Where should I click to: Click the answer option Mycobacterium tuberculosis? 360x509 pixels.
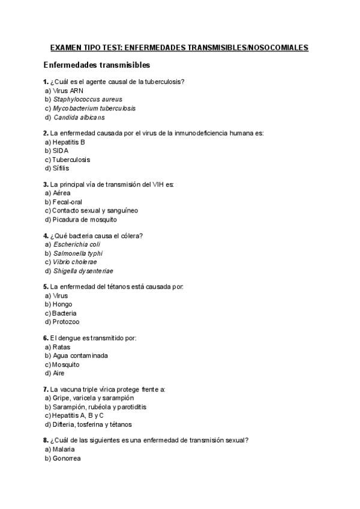[94, 109]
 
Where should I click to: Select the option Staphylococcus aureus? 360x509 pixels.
[87, 100]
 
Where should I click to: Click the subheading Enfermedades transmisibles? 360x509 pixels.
[97, 65]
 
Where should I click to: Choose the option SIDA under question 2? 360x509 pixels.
[61, 151]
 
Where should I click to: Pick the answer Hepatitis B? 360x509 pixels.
[69, 142]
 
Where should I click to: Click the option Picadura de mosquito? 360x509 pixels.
[85, 219]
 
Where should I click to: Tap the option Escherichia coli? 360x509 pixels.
[77, 245]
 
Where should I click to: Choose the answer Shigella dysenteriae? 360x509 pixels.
[83, 271]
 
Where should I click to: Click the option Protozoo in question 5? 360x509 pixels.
[66, 322]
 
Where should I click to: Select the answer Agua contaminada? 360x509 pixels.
[80, 356]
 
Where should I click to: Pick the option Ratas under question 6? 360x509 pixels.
[62, 348]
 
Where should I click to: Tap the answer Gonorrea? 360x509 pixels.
[67, 458]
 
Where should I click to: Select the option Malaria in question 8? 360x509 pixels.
[65, 449]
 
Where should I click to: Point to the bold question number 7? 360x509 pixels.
[46, 390]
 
